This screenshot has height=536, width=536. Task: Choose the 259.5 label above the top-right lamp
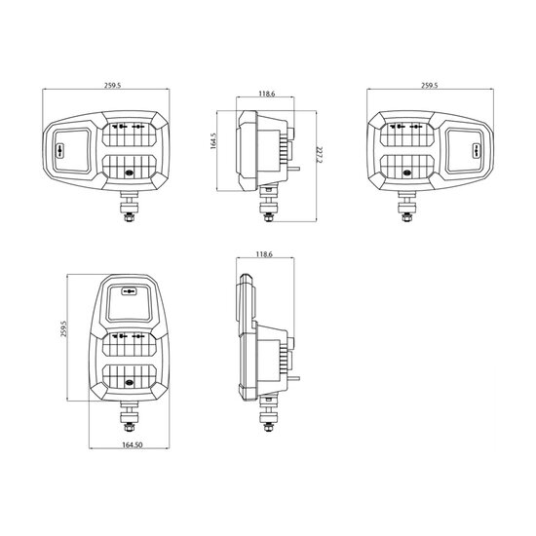(x=429, y=86)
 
